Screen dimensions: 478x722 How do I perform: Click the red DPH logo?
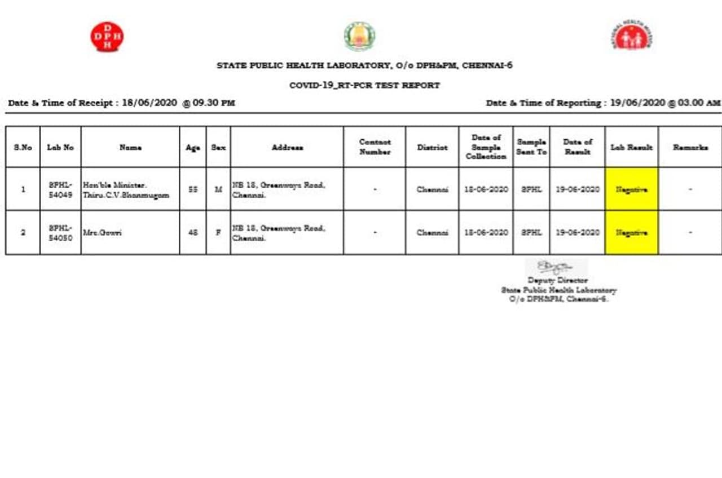(107, 37)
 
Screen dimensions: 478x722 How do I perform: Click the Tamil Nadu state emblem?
(359, 37)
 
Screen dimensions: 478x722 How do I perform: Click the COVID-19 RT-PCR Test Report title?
(364, 86)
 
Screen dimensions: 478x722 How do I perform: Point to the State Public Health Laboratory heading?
(364, 65)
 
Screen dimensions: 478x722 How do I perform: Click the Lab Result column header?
(631, 147)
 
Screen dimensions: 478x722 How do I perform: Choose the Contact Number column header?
(375, 147)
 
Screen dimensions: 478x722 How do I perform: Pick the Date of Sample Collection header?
(486, 147)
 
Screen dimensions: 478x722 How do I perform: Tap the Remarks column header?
(690, 147)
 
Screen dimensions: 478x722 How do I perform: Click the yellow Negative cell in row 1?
(631, 189)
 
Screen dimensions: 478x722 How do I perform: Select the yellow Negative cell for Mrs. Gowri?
(631, 232)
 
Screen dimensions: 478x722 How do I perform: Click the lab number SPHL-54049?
(60, 189)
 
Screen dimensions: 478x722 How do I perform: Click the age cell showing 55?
(193, 189)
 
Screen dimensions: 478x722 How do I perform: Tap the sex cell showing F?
(218, 232)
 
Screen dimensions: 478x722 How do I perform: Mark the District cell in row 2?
(432, 232)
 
